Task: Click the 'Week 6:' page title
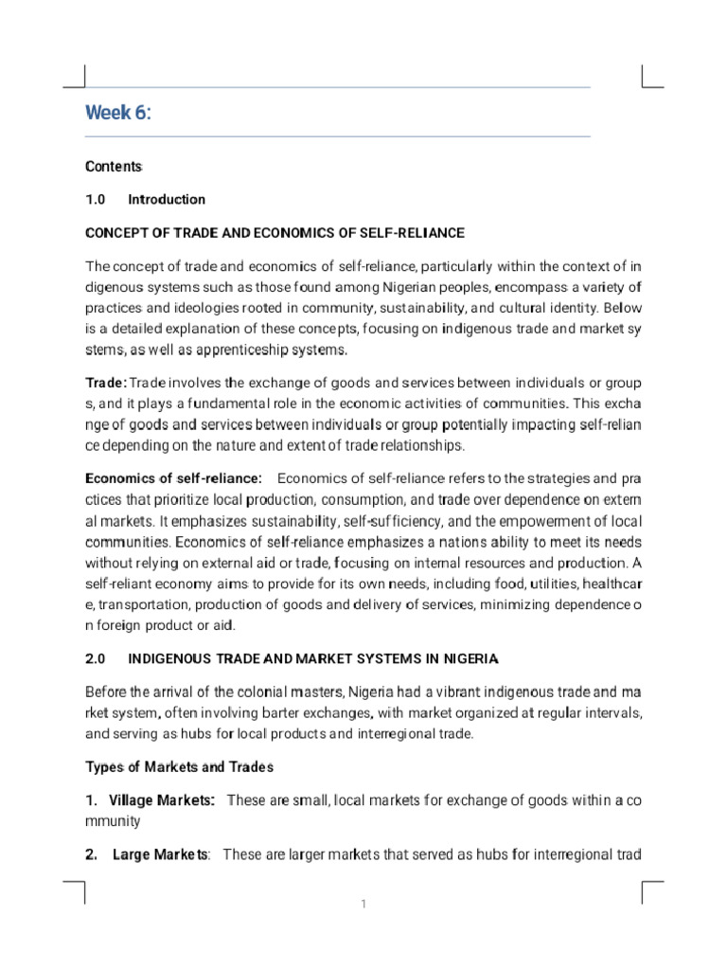117,114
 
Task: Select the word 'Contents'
114,167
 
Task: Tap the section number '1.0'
98,200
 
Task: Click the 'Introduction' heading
167,200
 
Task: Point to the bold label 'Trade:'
106,383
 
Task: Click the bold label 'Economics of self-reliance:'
173,477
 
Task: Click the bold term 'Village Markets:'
162,800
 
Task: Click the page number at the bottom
363,905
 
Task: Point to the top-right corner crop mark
651,77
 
